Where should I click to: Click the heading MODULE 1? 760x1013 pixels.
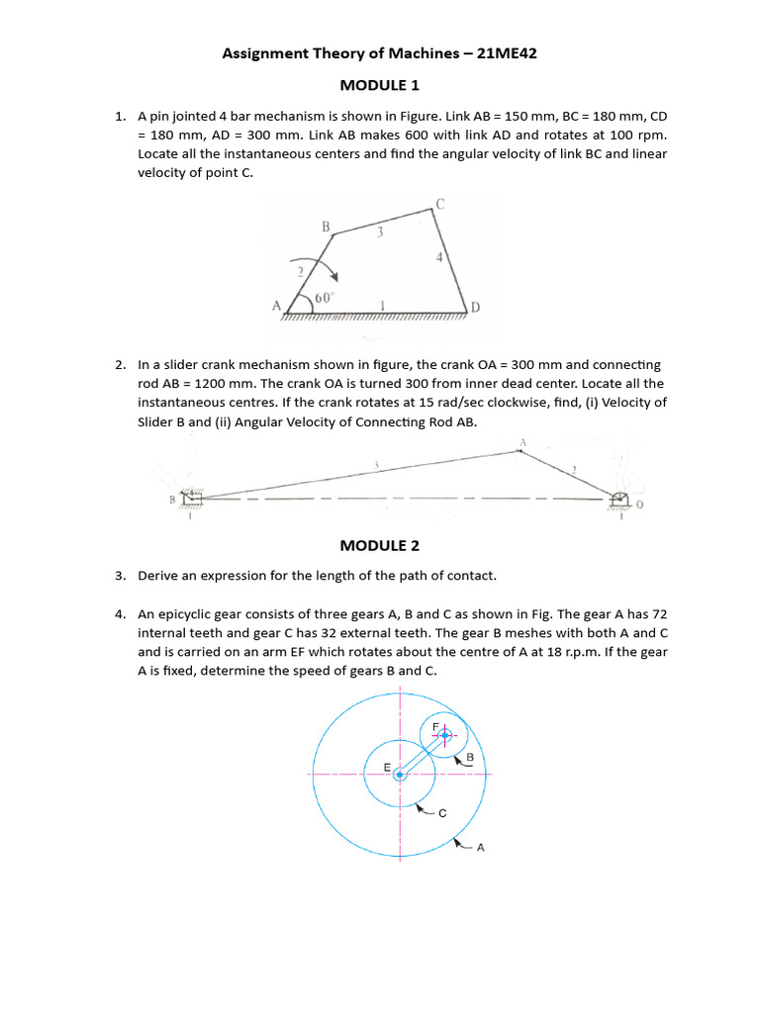click(x=380, y=85)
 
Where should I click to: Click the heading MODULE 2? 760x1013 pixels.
click(x=380, y=545)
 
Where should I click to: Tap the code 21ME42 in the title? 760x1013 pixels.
click(x=507, y=54)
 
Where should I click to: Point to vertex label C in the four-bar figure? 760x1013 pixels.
click(x=440, y=204)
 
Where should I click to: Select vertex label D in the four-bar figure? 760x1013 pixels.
click(x=476, y=309)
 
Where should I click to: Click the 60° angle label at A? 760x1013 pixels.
click(x=325, y=298)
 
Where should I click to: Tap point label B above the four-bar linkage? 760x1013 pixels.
click(x=325, y=227)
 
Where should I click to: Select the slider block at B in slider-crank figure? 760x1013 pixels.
click(x=191, y=499)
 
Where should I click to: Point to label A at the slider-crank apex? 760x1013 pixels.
click(x=522, y=442)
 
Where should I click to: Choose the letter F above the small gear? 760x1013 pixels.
click(x=436, y=726)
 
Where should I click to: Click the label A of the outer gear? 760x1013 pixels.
click(x=480, y=847)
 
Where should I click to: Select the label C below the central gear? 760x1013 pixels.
click(x=442, y=813)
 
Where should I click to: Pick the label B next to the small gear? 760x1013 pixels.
click(x=470, y=758)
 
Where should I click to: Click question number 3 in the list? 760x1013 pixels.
click(x=119, y=575)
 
